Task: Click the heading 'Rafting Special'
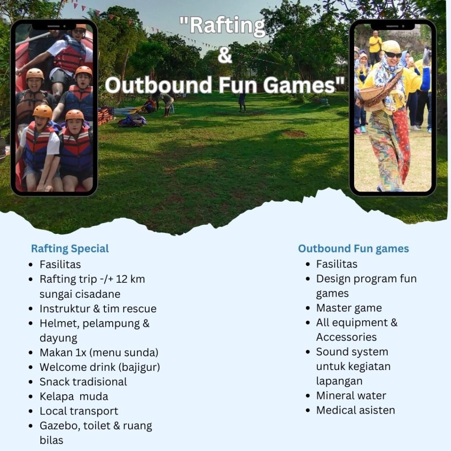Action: [x=70, y=249]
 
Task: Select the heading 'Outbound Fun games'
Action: [x=353, y=248]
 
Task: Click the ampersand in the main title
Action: [x=225, y=55]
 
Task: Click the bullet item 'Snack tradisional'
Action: [x=83, y=382]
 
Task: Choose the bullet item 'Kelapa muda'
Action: [x=74, y=396]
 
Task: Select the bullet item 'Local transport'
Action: [x=79, y=411]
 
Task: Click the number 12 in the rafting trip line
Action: [x=122, y=279]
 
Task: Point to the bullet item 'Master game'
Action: [x=349, y=308]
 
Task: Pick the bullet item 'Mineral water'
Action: [x=351, y=396]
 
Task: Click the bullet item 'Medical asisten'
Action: [x=355, y=410]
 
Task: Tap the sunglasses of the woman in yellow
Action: [x=393, y=54]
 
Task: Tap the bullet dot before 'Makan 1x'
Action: [x=31, y=353]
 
